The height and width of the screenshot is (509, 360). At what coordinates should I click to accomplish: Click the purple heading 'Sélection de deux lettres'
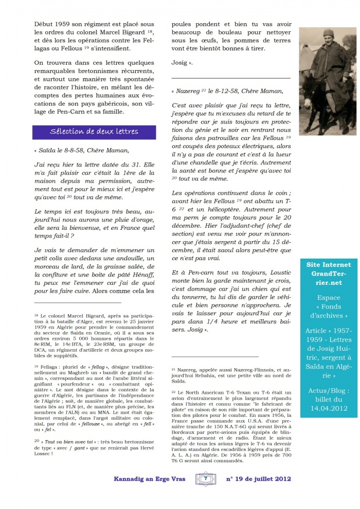[94, 132]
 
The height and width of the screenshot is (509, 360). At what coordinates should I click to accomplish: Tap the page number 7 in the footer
[205, 479]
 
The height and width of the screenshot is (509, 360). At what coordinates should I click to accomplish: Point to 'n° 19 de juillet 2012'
[259, 479]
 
